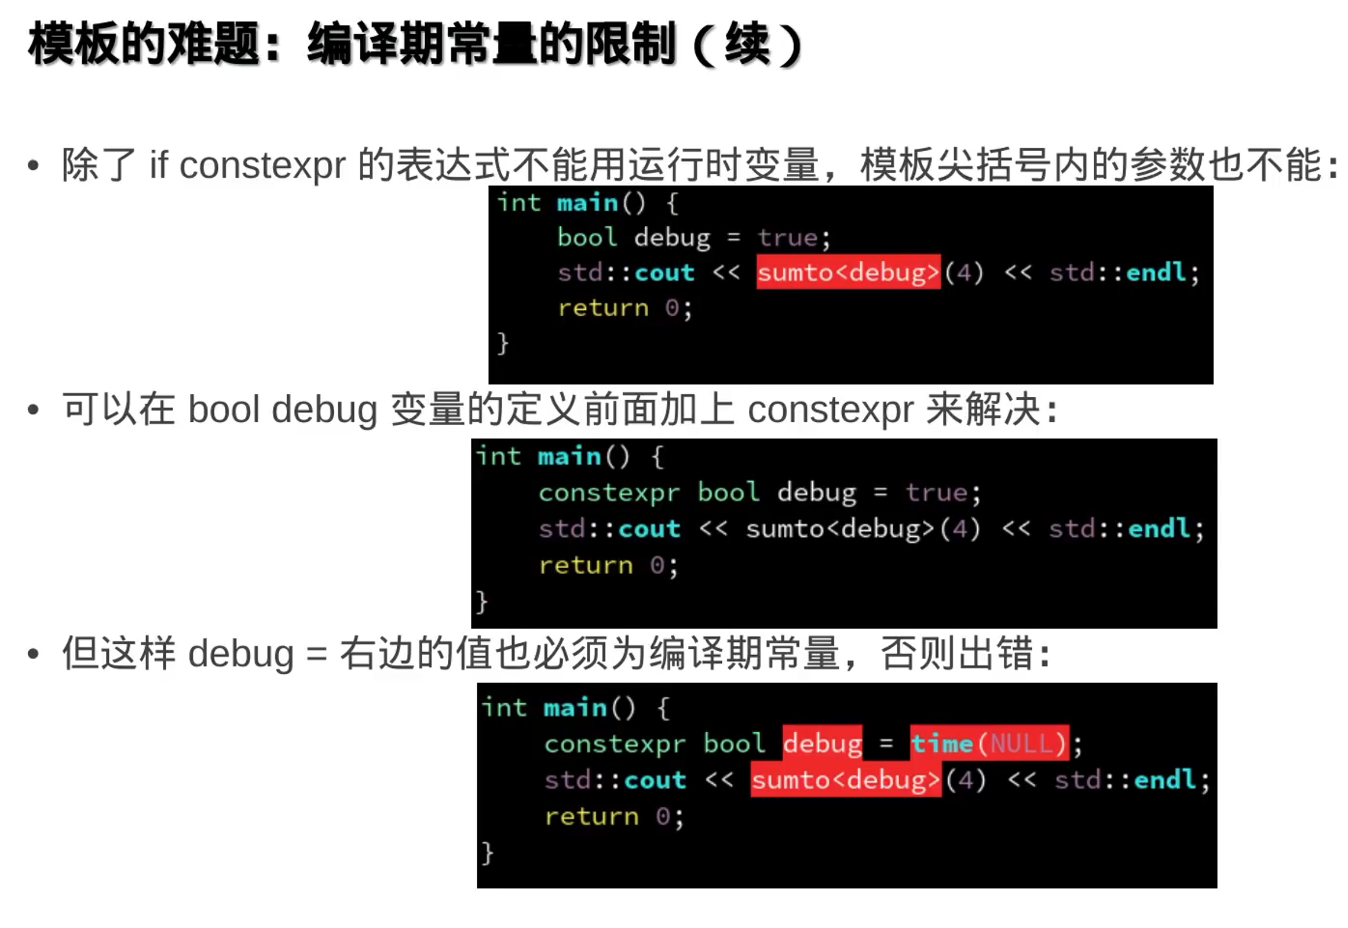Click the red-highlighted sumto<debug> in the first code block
(x=847, y=272)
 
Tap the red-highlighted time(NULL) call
(x=989, y=743)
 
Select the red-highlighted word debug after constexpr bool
(x=822, y=743)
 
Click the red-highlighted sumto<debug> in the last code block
(x=845, y=780)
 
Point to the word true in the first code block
(x=788, y=238)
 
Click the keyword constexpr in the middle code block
(x=609, y=492)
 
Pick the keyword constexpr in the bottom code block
(x=615, y=744)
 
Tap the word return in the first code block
(x=603, y=308)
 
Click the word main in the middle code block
(x=569, y=456)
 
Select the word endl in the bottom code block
(x=1165, y=780)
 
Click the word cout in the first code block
(x=664, y=272)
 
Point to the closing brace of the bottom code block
(x=487, y=853)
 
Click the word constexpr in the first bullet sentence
(x=262, y=166)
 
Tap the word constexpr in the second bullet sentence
(x=830, y=410)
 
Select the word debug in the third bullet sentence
(x=240, y=654)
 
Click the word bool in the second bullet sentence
(x=224, y=410)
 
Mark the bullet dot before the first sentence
(x=33, y=166)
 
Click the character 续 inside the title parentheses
(x=748, y=43)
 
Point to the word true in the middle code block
(x=936, y=492)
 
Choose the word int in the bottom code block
(x=504, y=708)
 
